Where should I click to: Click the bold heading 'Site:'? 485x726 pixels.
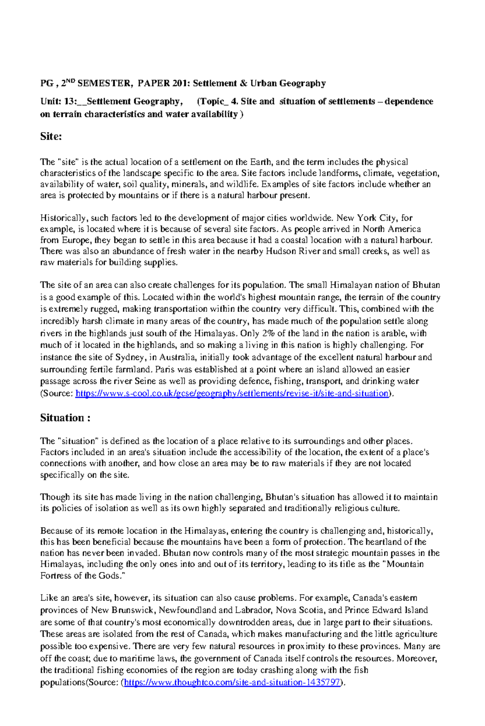point(51,137)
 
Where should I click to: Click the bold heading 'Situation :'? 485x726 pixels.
point(65,418)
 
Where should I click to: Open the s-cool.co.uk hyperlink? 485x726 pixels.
point(232,394)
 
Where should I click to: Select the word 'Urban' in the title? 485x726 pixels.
point(264,84)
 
